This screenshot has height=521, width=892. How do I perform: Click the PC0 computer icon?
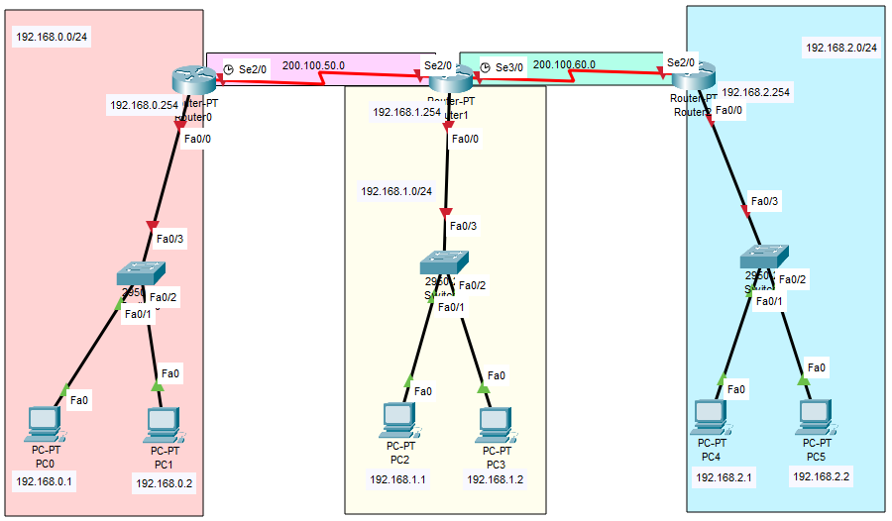click(45, 423)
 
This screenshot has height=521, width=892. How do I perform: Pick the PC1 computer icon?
click(163, 424)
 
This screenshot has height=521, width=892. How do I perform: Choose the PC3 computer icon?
click(495, 423)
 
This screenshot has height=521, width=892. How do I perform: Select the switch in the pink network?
click(140, 272)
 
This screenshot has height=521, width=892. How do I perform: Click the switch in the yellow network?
click(443, 261)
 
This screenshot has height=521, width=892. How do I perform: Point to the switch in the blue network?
click(764, 256)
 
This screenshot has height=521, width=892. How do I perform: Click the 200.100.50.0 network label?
click(313, 65)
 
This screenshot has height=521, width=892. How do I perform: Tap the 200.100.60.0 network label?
click(564, 64)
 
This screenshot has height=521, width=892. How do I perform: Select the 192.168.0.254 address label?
click(142, 102)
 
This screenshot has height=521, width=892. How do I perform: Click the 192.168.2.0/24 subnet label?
click(841, 48)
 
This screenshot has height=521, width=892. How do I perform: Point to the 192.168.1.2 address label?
click(496, 479)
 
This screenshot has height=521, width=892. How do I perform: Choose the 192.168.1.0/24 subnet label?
click(396, 191)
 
